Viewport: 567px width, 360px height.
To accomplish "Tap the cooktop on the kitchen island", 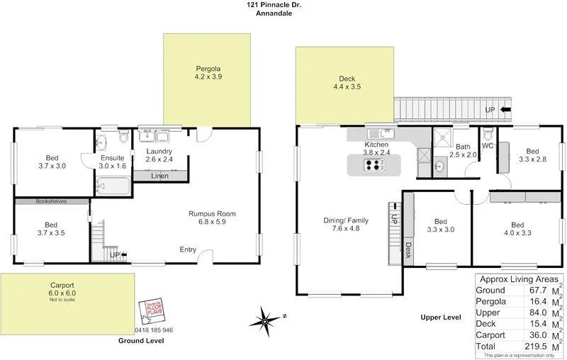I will coord(374,164).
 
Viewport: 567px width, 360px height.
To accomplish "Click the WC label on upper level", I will coord(488,146).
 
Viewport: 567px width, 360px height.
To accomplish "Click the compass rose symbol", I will coord(268,316).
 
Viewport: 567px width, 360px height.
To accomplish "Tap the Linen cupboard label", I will coord(159,176).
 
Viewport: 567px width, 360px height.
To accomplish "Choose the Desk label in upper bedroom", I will coord(409,248).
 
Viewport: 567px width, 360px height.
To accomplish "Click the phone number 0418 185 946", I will coord(154,330).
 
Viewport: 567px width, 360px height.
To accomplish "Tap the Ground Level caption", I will coord(141,341).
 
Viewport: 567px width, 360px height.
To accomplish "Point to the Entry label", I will coord(188,249).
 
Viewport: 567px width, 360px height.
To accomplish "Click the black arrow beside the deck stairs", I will coord(506,110).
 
